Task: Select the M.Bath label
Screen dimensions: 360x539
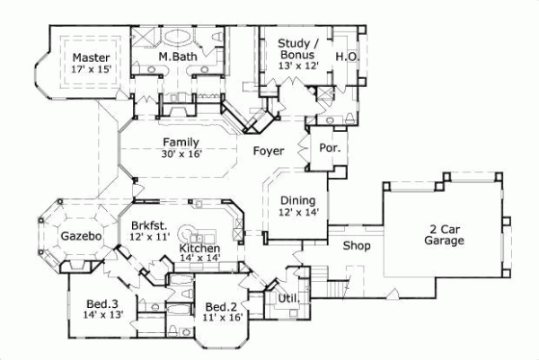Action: (177, 57)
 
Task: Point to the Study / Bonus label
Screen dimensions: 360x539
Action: (296, 48)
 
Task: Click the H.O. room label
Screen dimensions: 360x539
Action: (347, 57)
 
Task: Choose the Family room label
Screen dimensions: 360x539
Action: (181, 142)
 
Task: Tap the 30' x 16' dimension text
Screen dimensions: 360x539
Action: (181, 154)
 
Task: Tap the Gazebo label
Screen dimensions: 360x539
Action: (79, 236)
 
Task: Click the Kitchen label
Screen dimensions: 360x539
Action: (199, 248)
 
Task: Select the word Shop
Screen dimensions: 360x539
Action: (358, 244)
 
